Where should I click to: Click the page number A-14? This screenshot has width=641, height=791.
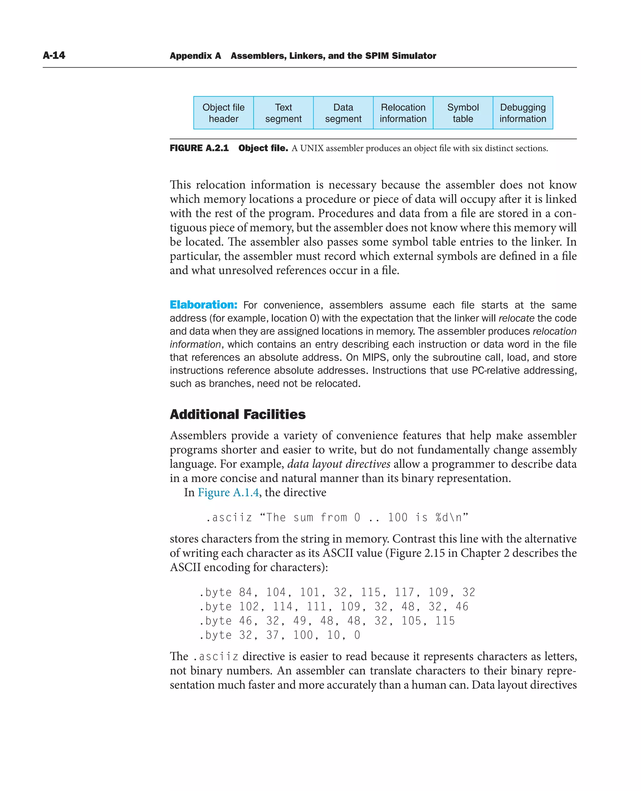[54, 55]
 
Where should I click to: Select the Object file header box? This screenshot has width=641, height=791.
[223, 113]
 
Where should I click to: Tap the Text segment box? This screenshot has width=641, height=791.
[283, 113]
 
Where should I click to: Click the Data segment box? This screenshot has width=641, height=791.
[343, 113]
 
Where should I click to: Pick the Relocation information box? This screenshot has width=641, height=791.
[403, 113]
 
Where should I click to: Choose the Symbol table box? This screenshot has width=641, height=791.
[463, 113]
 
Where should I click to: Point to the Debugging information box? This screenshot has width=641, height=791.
[522, 113]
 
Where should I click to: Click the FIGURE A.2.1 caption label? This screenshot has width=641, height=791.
[199, 148]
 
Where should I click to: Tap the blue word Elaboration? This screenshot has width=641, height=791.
[203, 305]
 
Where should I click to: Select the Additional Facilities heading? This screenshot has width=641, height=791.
[238, 415]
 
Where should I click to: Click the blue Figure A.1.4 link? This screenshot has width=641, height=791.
[228, 493]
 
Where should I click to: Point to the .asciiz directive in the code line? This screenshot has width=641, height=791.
[228, 518]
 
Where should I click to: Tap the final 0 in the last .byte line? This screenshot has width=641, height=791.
[357, 635]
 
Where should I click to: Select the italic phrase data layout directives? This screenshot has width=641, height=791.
[339, 464]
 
